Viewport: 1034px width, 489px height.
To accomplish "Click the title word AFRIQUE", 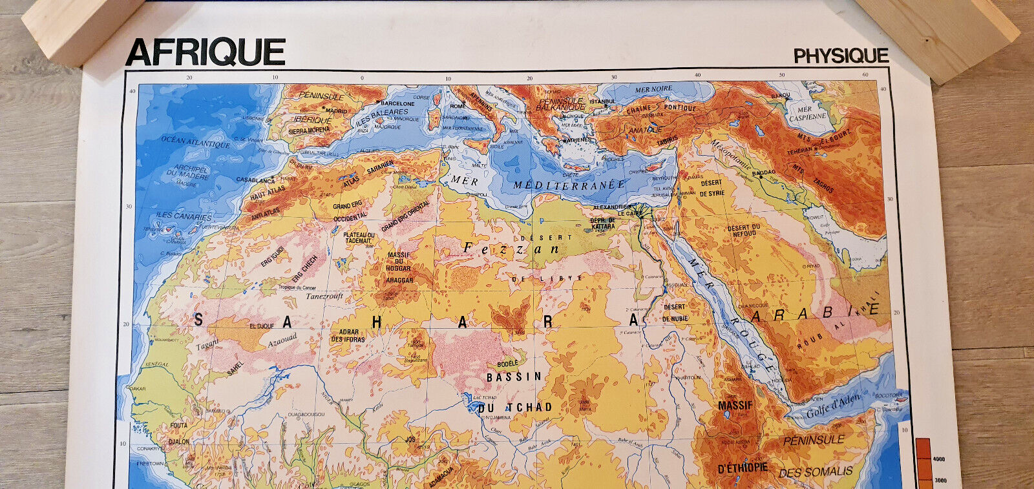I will [x=206, y=53].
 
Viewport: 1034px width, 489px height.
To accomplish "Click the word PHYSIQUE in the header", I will [x=841, y=56].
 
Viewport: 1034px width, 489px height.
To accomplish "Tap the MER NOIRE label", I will [x=653, y=89].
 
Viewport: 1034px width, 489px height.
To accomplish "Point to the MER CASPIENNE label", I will [x=807, y=113].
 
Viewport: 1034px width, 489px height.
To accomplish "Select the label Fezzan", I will [x=511, y=248].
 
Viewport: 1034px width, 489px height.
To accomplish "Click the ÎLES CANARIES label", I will [x=184, y=216].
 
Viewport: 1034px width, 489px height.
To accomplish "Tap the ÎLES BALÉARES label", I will [x=382, y=116].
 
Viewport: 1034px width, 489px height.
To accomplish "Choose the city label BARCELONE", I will [x=397, y=103].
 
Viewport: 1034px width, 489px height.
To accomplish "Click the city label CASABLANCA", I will [x=255, y=180].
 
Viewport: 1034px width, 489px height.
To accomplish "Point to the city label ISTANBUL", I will [x=602, y=101].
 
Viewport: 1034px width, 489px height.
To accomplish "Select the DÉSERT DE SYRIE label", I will [x=712, y=188].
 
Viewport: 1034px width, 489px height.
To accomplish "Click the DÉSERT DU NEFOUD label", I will [x=743, y=231].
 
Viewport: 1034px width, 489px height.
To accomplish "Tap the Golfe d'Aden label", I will [x=833, y=406].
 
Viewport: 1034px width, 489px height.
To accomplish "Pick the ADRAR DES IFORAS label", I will [x=348, y=336].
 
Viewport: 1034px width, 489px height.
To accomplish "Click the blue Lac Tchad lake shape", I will [x=469, y=400].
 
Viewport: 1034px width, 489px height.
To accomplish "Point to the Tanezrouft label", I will [x=324, y=296].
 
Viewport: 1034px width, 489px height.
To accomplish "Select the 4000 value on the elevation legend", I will [x=938, y=459].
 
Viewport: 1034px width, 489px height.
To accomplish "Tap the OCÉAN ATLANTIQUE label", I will [x=195, y=142].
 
